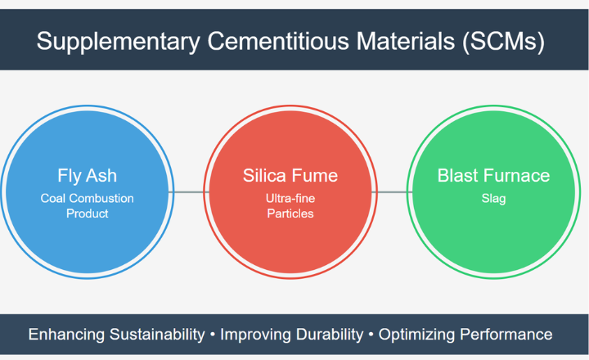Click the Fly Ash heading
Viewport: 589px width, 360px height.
[x=88, y=175]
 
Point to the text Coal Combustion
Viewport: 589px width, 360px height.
[x=88, y=198]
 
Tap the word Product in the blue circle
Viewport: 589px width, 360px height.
[x=88, y=214]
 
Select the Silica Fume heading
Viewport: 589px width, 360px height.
[x=290, y=175]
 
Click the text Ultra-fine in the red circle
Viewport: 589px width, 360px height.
[x=290, y=198]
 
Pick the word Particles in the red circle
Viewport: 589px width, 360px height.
[x=290, y=214]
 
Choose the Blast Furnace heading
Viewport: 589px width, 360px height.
[x=493, y=175]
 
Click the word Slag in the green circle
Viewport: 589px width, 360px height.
[x=493, y=198]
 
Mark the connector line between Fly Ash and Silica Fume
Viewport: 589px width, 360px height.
[x=189, y=192]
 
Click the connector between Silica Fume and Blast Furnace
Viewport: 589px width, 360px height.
[x=392, y=192]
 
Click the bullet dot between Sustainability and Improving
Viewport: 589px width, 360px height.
[x=212, y=335]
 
